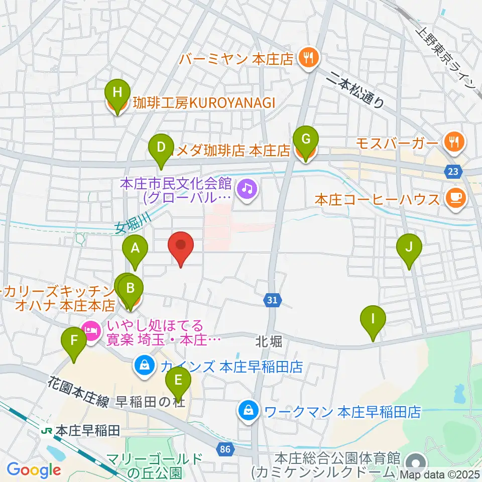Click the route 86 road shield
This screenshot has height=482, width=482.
[226, 449]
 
